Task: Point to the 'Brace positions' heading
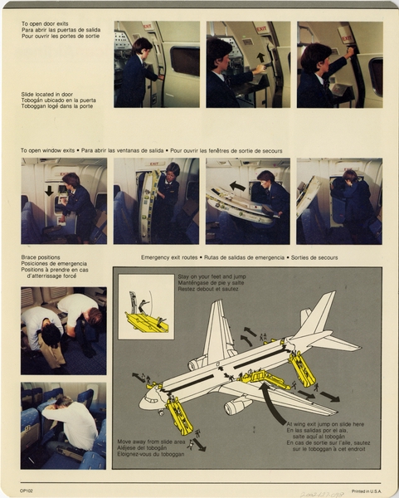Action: (40, 258)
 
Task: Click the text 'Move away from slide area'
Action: (151, 442)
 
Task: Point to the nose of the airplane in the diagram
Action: (143, 404)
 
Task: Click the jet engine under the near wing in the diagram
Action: (236, 405)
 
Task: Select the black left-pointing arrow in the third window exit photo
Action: (237, 186)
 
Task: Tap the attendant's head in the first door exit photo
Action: (142, 46)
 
